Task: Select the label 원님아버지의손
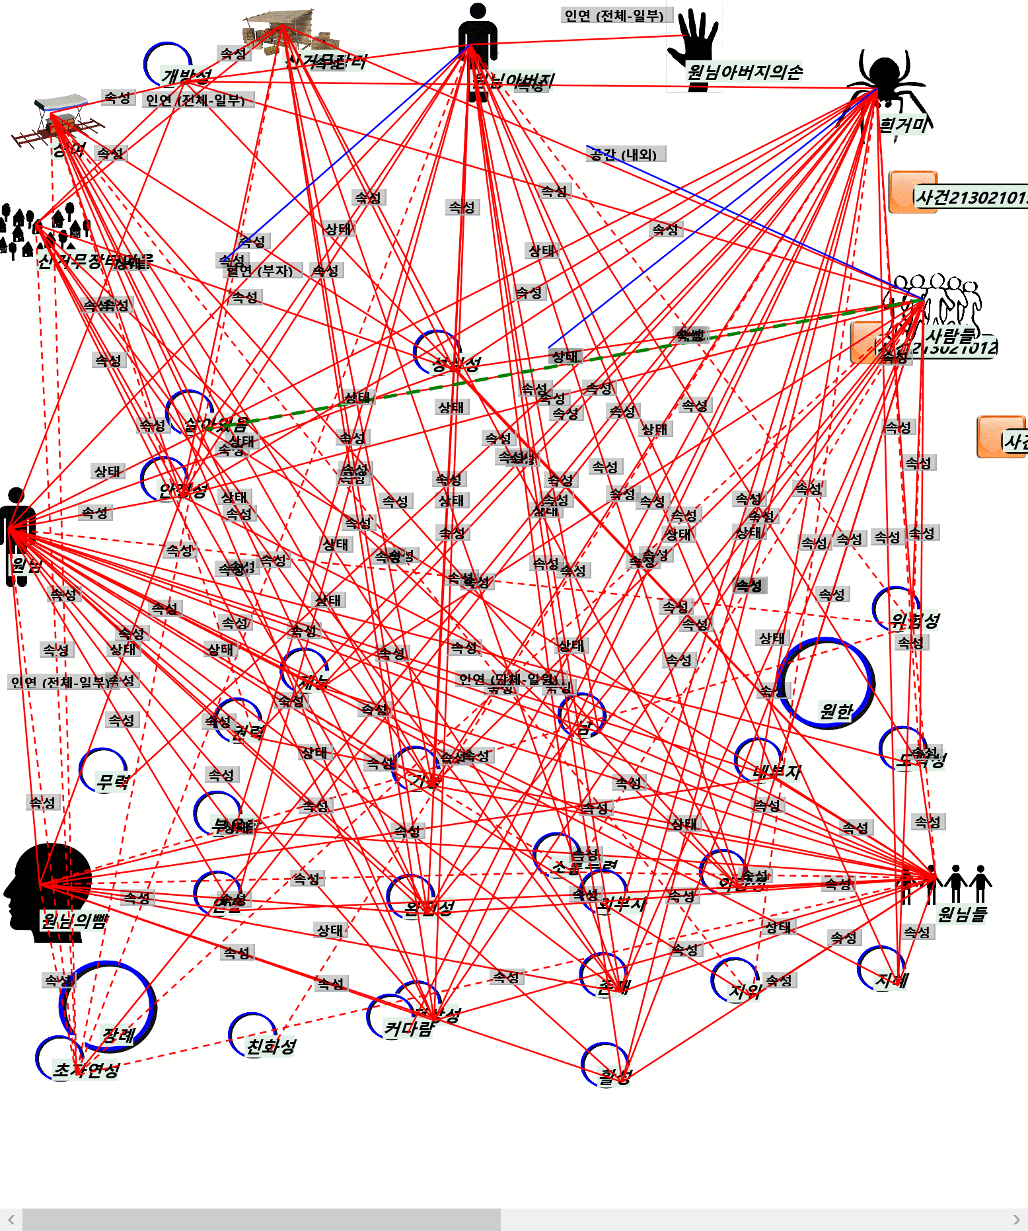[745, 71]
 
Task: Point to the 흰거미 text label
[903, 124]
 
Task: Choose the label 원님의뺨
[74, 920]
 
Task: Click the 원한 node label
[836, 711]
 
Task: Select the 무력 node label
[112, 782]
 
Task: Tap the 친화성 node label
[271, 1046]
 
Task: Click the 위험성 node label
[915, 620]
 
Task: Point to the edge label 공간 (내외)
[625, 154]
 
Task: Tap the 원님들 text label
[962, 914]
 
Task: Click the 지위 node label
[745, 990]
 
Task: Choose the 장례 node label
[119, 1035]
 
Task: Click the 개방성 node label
[187, 76]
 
